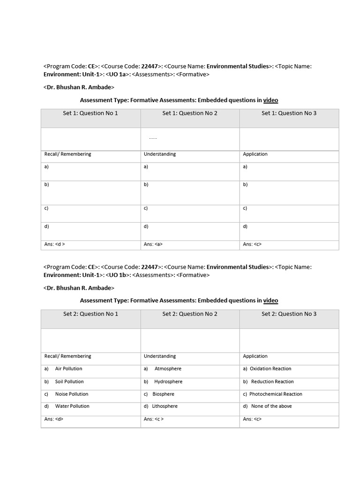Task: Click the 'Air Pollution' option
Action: coord(68,369)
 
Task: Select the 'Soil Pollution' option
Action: coord(69,382)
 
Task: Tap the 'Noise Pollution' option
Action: coord(71,394)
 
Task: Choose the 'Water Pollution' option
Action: coord(72,406)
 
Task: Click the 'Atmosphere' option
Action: coord(168,369)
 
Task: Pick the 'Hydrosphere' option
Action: coord(168,382)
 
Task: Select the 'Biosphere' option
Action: coord(163,394)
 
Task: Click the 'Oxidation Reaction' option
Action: coord(270,369)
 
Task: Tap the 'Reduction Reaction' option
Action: coord(272,382)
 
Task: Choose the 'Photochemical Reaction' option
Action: coord(276,394)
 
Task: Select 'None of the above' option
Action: coord(271,406)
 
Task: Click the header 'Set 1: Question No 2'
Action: coord(190,113)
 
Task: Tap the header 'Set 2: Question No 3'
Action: coord(289,314)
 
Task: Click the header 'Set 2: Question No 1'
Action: coord(90,314)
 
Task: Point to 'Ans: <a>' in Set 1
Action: coord(153,244)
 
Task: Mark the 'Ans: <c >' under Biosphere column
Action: coord(154,419)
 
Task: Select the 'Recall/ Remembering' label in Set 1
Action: coord(67,154)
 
